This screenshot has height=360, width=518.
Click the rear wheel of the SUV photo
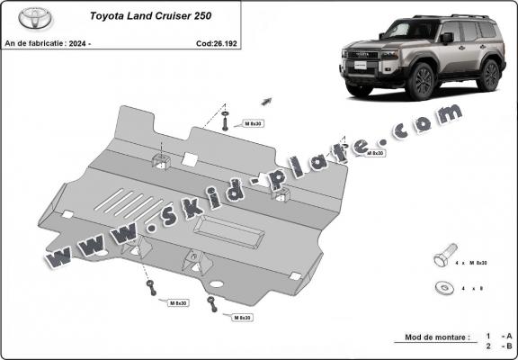click(x=488, y=76)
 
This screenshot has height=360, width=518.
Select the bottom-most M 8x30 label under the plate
click(x=240, y=318)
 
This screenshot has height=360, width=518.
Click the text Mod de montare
click(x=431, y=337)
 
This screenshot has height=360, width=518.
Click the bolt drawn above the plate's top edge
click(x=224, y=121)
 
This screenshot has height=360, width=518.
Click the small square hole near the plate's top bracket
click(x=190, y=159)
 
